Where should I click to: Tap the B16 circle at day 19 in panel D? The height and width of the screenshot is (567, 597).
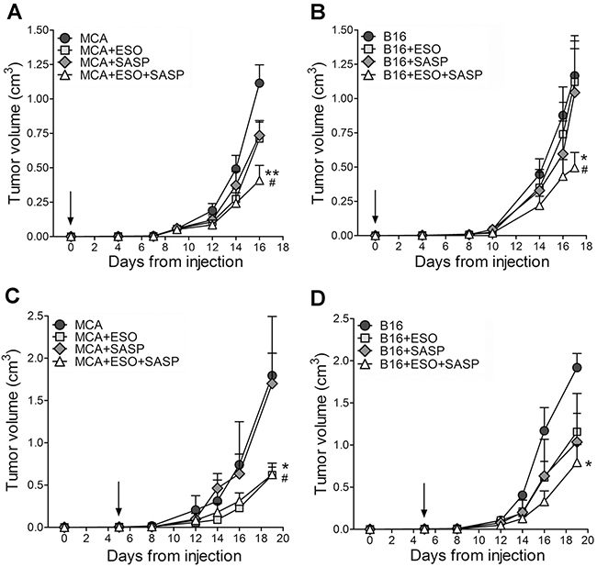578,368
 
